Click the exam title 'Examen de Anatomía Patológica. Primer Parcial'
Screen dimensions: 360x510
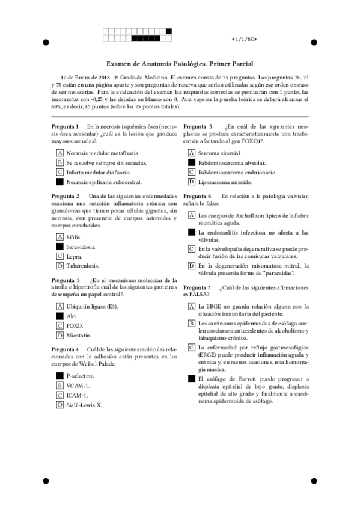180,63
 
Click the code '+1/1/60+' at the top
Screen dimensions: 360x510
244,39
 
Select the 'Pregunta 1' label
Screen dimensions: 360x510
65,126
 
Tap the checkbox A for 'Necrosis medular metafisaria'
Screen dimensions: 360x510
59,153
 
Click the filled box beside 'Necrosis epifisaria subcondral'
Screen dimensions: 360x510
59,181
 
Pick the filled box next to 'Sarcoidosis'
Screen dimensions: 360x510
59,246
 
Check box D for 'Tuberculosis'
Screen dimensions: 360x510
59,265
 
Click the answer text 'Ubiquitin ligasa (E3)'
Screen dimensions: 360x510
92,306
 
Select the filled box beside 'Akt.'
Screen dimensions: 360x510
59,316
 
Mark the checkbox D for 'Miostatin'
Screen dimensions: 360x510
59,334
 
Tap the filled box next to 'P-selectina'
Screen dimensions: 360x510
59,376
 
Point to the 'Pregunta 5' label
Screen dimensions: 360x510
197,126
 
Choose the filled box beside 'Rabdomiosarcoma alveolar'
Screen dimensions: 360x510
192,162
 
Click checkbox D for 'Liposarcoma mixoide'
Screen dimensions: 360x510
192,181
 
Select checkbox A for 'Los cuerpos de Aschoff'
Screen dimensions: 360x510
192,215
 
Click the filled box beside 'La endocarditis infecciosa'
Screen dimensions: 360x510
192,232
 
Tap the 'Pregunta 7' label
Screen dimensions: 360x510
197,287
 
